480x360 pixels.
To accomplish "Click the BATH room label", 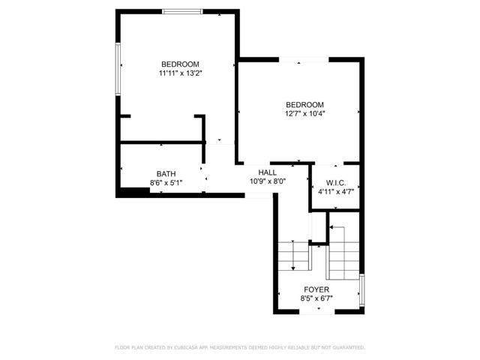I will tap(166, 173).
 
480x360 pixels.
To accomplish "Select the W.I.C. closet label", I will tap(335, 183).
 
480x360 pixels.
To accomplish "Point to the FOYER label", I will tap(316, 289).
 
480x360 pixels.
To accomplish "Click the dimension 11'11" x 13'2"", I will tap(180, 73).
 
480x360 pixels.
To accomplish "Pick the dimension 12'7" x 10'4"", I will tap(304, 114).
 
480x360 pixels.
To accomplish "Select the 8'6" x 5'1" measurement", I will tap(166, 182).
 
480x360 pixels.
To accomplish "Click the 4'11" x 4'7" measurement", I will tap(335, 192).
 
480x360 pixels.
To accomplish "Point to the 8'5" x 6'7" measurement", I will tap(316, 298).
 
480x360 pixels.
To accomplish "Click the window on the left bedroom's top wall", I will tap(182, 11).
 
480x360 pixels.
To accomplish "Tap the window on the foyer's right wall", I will tap(362, 290).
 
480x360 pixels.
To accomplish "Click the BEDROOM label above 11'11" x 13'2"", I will tap(180, 64).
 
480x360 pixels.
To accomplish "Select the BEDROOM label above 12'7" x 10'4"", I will tap(304, 104).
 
